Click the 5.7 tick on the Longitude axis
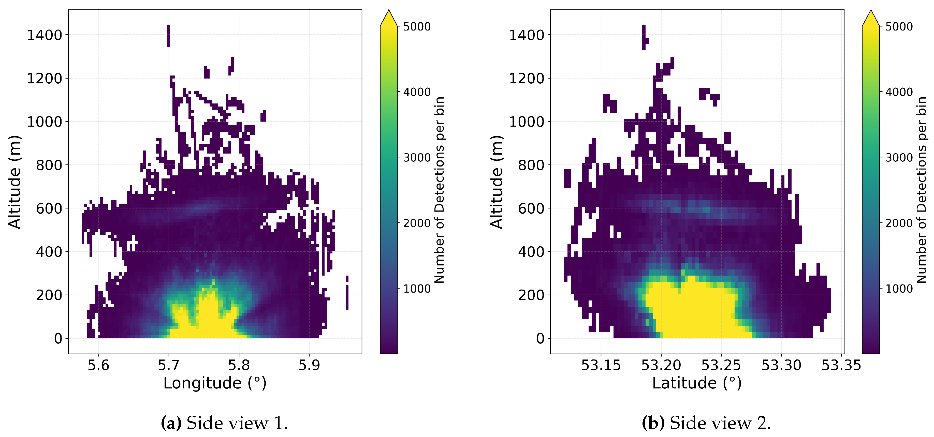pos(169,365)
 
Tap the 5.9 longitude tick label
pos(309,365)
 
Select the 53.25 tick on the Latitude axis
pos(721,365)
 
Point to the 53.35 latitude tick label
pos(841,365)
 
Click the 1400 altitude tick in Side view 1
pos(45,35)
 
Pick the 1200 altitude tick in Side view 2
pos(527,78)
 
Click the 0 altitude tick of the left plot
pos(58,338)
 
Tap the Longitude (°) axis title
pos(215,383)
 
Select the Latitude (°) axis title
pos(696,383)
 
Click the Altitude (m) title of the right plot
pos(497,182)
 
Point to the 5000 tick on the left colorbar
pos(417,26)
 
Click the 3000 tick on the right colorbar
pos(899,158)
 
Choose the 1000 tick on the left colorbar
pos(417,289)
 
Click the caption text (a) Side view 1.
pos(224,423)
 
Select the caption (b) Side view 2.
pos(706,423)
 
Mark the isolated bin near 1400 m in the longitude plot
pos(168,36)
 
